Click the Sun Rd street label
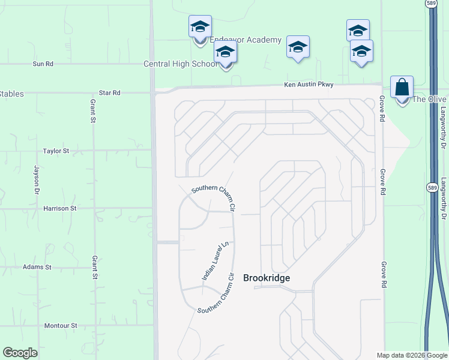[43, 64]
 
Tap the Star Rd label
[110, 93]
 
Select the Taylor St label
[56, 151]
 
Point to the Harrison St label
[60, 208]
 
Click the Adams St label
[37, 266]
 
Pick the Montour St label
[61, 326]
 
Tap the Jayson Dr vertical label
[37, 180]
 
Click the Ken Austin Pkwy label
[309, 85]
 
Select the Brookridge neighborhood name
[267, 278]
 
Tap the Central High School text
[180, 64]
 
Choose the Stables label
[11, 94]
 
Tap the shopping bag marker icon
[402, 88]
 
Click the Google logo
[20, 353]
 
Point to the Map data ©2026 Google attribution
[411, 355]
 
